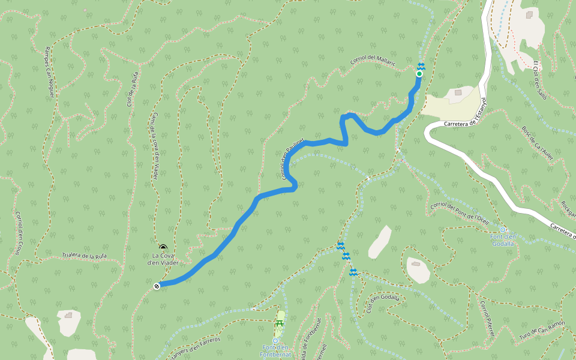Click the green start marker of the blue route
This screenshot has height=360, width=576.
click(x=419, y=74)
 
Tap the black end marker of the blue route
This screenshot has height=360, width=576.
click(x=157, y=286)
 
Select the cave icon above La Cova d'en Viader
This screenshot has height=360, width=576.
click(x=163, y=247)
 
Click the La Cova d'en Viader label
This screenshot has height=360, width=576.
click(x=163, y=259)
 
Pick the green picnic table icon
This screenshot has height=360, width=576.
click(x=279, y=323)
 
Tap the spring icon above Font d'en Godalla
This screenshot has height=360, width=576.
click(x=503, y=230)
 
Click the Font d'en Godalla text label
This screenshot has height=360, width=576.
click(x=503, y=240)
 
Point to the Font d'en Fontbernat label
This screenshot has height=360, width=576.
click(x=277, y=351)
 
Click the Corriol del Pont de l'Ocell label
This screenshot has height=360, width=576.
click(x=459, y=211)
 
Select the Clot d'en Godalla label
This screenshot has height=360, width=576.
click(x=383, y=304)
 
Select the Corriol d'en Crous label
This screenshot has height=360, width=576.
click(x=19, y=233)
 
